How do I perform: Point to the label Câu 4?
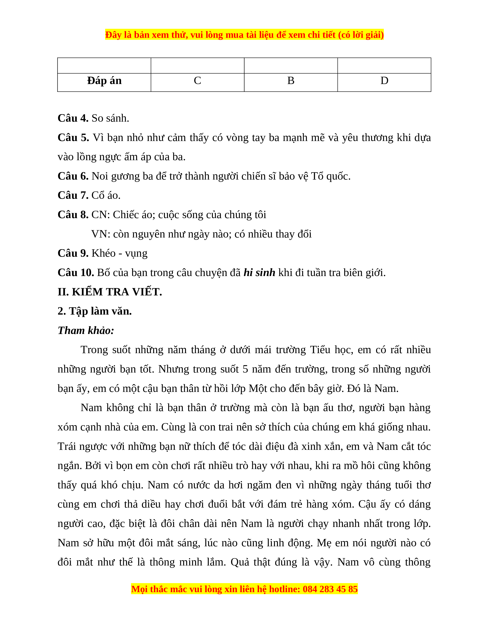73,118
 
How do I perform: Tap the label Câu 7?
73,195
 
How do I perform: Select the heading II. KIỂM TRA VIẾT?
110,292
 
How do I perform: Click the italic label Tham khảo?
86,331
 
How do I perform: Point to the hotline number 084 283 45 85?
330,589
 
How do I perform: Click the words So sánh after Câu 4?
110,118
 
